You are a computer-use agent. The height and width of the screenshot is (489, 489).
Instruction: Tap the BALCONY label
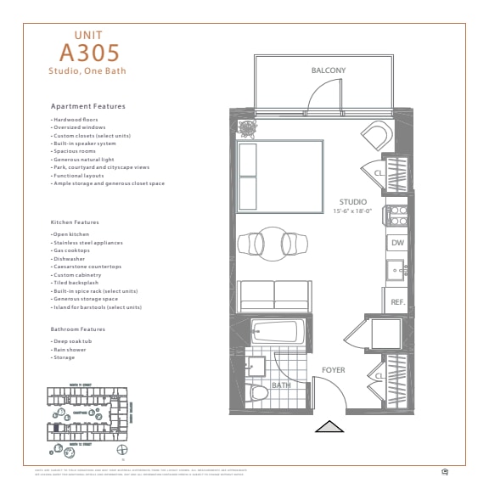coord(328,70)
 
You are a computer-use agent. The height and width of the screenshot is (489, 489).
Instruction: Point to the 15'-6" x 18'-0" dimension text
coord(353,211)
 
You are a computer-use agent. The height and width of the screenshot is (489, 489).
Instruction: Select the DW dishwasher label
coord(396,244)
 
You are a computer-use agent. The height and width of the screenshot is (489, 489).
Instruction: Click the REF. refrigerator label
coord(396,301)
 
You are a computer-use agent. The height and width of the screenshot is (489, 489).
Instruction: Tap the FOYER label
coord(333,370)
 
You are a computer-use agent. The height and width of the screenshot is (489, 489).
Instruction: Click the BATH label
coord(281,386)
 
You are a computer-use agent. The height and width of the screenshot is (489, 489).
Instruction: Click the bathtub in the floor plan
coord(273,331)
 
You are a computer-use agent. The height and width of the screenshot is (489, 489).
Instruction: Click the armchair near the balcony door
coord(375,135)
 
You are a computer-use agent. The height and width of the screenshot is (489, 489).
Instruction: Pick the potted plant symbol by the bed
coord(248,129)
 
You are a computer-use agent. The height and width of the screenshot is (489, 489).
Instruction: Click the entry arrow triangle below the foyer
coord(329,427)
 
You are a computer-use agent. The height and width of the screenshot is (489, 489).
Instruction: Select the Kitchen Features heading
coord(75,222)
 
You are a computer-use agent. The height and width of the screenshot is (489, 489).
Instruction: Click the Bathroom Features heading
coord(78,329)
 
